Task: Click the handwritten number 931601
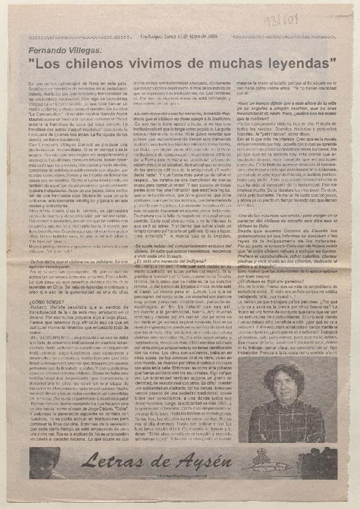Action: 325,21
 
